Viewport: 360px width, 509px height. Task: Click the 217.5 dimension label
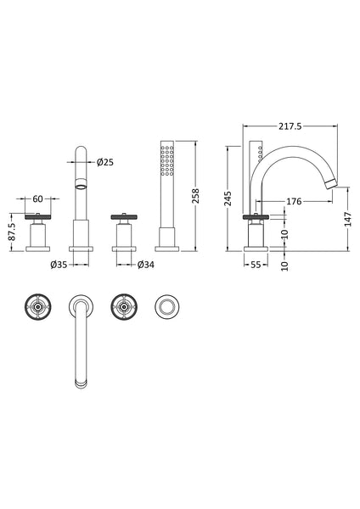click(x=289, y=126)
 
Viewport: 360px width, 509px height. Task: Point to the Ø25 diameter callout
click(x=107, y=161)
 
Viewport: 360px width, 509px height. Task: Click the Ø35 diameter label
click(x=59, y=266)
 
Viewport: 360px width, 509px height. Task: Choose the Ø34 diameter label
click(x=146, y=266)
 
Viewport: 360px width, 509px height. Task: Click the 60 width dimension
click(x=37, y=199)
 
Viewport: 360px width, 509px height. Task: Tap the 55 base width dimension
click(x=256, y=266)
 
